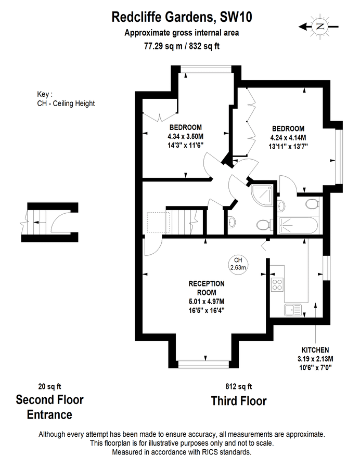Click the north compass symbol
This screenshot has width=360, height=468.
coord(319,25)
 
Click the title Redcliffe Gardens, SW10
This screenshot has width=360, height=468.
coord(182,17)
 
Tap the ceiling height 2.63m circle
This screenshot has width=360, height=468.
coord(238,264)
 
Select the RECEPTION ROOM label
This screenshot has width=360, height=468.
coord(206,283)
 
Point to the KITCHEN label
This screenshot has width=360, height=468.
coord(315,350)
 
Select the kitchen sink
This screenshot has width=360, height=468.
coord(293,310)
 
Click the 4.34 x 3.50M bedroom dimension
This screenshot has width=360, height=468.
coord(185,137)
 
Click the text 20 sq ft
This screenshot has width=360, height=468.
coord(50,386)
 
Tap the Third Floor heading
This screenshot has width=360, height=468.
coord(238,401)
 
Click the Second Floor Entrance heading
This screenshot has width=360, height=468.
coord(50,407)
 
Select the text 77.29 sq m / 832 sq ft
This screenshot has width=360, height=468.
coord(182,45)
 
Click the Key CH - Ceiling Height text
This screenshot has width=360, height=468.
coord(62,99)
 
